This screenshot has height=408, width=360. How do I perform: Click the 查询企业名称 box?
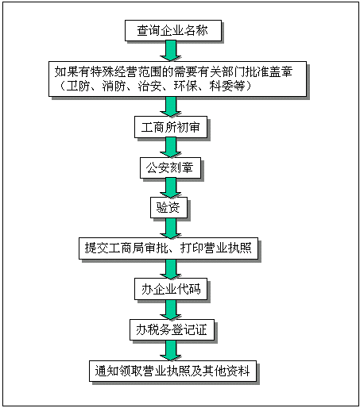click(173, 30)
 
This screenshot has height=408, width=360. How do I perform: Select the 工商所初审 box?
click(168, 126)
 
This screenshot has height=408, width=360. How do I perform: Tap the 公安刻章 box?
click(168, 168)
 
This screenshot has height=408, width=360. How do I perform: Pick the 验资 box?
click(168, 208)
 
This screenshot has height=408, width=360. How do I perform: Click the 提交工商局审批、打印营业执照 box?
click(168, 248)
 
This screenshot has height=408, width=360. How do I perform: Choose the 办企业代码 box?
click(171, 289)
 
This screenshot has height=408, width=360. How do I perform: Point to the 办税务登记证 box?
click(171, 329)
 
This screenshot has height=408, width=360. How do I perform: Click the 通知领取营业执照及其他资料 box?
click(175, 370)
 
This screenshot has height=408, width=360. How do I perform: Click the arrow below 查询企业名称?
click(168, 51)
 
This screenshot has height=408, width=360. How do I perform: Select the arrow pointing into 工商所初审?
click(168, 106)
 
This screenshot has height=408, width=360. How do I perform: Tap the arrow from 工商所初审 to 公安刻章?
click(168, 147)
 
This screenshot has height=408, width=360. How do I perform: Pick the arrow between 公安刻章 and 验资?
click(168, 188)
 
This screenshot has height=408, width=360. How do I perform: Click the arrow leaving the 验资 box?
click(168, 228)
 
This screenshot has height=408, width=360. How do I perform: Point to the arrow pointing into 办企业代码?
click(168, 268)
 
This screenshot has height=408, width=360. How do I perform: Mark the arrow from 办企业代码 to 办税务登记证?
click(168, 309)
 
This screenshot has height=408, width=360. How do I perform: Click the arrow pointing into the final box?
click(168, 349)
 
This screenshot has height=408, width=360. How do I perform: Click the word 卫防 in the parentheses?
click(79, 86)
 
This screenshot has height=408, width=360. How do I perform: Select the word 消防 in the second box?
click(117, 86)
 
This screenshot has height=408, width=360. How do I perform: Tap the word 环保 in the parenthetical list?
click(191, 86)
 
